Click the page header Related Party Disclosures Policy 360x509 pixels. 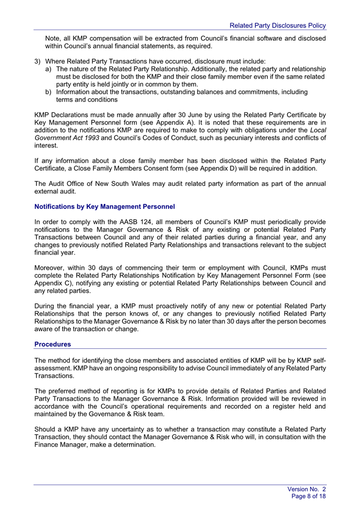click(x=278, y=25)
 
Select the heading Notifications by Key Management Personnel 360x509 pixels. click(x=104, y=207)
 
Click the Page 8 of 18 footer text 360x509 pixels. click(x=309, y=496)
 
